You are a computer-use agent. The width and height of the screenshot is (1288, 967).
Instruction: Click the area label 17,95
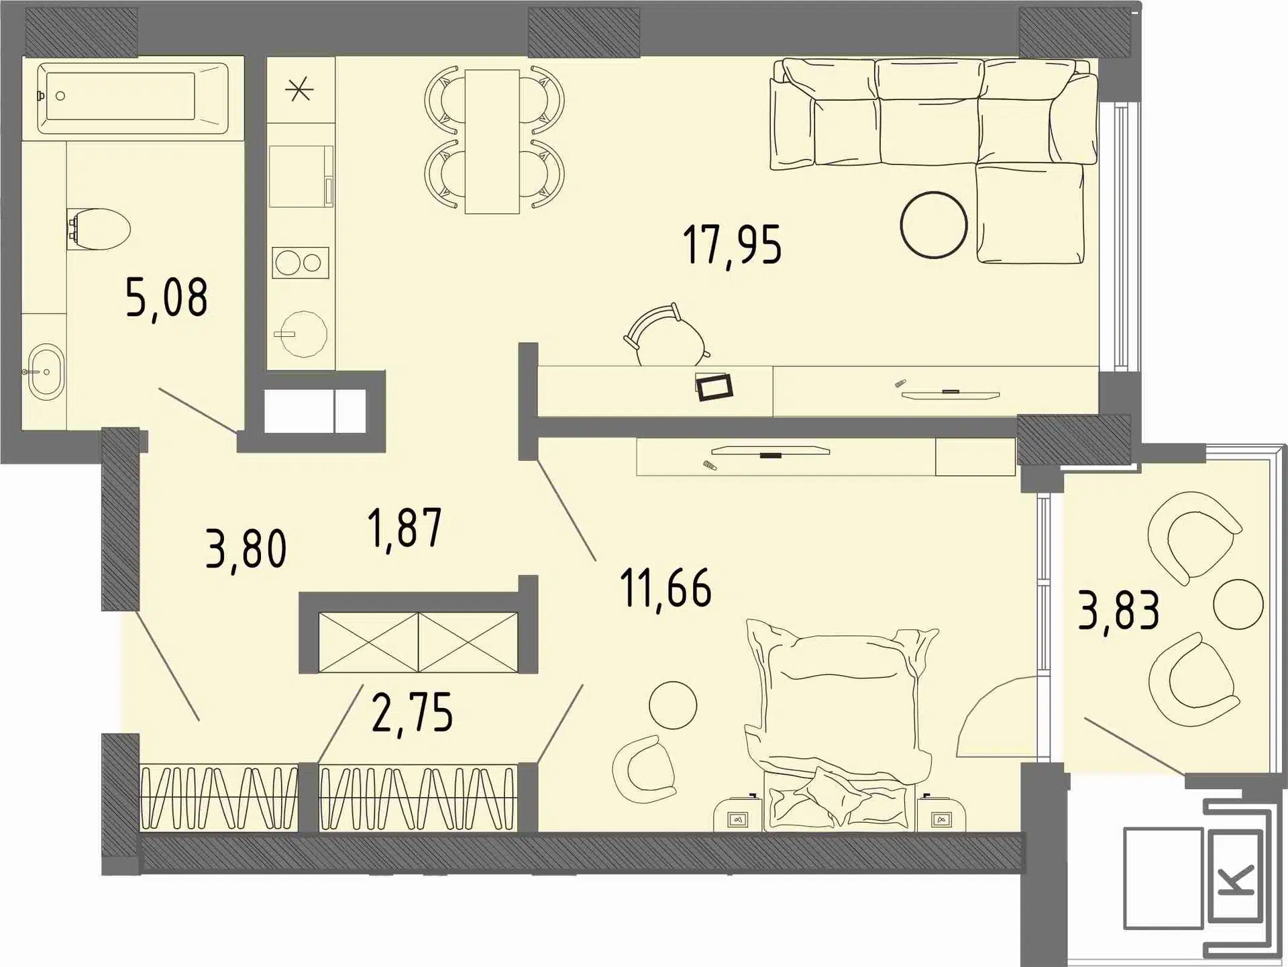tap(732, 246)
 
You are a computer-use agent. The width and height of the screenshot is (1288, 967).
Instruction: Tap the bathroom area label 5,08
tap(166, 298)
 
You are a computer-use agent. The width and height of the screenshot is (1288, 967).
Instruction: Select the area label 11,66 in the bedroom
tap(665, 589)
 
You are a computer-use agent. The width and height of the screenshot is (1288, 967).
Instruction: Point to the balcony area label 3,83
tap(1118, 610)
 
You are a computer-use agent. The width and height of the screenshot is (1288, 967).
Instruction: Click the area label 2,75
tap(413, 713)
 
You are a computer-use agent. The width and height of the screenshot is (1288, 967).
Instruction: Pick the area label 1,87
tap(405, 529)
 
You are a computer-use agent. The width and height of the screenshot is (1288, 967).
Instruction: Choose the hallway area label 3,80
tap(246, 549)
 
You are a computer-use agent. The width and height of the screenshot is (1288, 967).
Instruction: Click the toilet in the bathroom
tap(98, 229)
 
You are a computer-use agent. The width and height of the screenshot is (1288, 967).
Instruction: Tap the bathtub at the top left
tap(133, 98)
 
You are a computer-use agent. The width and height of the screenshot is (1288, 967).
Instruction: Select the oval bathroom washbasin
tap(46, 372)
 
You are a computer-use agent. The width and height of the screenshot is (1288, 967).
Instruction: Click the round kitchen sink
tap(303, 334)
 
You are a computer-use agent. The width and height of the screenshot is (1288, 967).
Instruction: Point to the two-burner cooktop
tap(301, 262)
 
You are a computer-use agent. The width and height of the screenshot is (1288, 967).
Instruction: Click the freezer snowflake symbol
tap(299, 89)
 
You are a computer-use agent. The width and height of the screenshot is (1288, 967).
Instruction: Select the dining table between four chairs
tap(492, 142)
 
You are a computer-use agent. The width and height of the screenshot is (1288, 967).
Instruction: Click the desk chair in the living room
tap(666, 336)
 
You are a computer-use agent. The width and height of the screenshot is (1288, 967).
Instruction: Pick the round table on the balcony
tap(1238, 604)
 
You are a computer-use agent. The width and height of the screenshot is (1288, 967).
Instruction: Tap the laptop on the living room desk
tap(714, 387)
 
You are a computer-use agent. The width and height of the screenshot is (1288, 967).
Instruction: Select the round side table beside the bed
tap(673, 705)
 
